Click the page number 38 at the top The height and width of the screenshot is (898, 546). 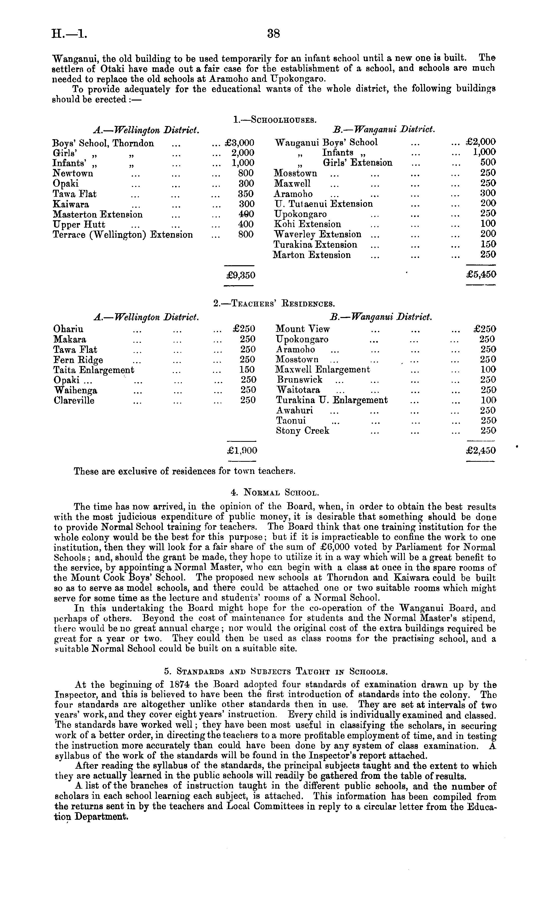[274, 34]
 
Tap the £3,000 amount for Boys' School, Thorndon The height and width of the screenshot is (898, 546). [240, 143]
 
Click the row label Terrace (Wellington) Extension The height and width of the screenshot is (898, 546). [123, 234]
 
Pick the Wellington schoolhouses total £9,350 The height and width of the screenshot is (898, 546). [241, 275]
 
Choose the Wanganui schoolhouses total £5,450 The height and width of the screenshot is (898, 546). [481, 274]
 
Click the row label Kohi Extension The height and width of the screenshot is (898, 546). [307, 224]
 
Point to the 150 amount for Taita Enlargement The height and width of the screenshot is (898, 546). [247, 370]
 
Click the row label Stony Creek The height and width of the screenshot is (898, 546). [302, 431]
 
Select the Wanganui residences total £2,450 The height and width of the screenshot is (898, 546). [481, 450]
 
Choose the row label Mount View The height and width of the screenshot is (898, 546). [302, 329]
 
